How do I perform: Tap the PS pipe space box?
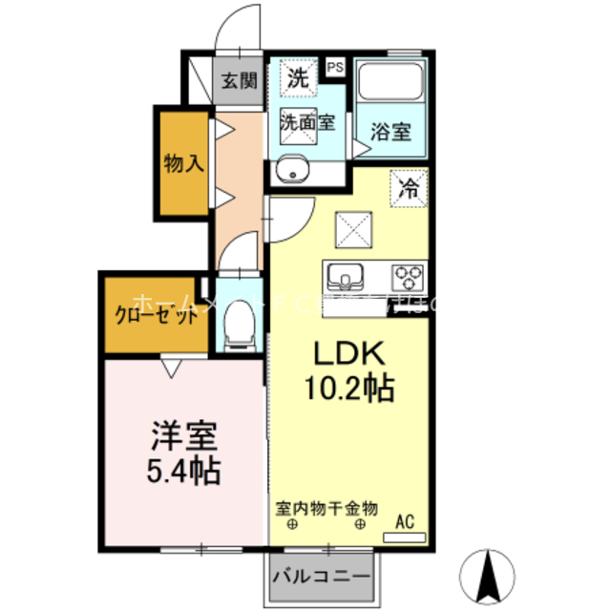pyautogui.click(x=335, y=67)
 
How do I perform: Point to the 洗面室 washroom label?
pyautogui.click(x=306, y=122)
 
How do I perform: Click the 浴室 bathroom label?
pyautogui.click(x=391, y=132)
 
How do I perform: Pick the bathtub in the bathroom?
pyautogui.click(x=391, y=83)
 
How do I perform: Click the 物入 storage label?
pyautogui.click(x=183, y=163)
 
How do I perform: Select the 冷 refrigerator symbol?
pyautogui.click(x=408, y=187)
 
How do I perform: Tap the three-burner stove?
pyautogui.click(x=408, y=277)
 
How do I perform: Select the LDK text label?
pyautogui.click(x=349, y=355)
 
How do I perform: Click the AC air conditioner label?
pyautogui.click(x=405, y=522)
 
